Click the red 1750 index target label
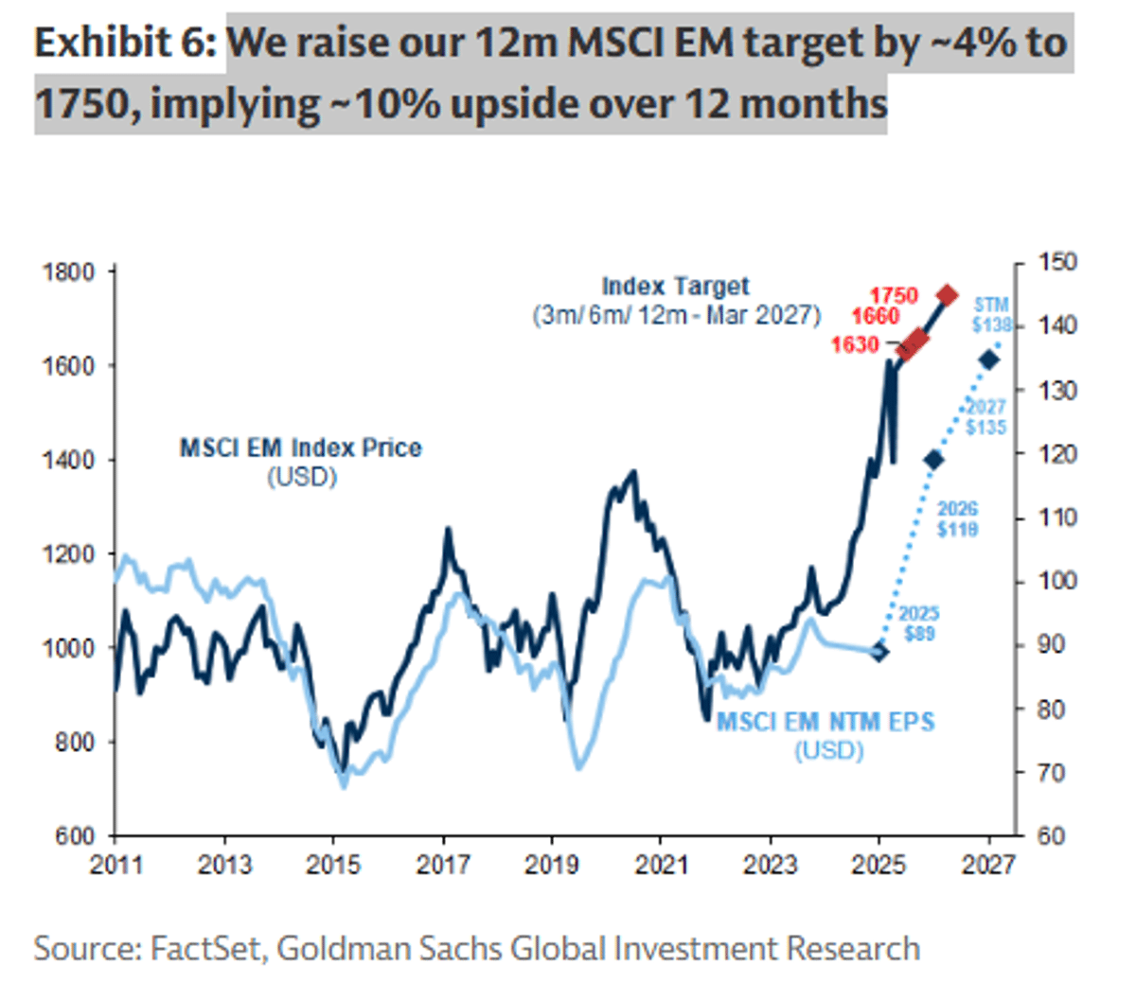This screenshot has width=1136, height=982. point(894,295)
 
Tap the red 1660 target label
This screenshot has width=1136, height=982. point(875,316)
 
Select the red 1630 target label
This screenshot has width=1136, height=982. point(855,344)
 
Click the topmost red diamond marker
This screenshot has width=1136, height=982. point(947,295)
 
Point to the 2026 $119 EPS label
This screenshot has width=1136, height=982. point(957,519)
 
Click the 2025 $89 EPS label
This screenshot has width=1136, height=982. point(918,623)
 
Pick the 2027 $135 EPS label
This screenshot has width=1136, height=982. point(985,417)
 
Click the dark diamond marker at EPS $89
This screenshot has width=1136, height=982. point(879,651)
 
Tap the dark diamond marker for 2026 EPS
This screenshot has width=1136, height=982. point(933,460)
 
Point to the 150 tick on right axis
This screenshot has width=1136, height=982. point(1058,262)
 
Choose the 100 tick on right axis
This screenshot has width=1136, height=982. point(1058,581)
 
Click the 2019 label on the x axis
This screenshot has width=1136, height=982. point(552,865)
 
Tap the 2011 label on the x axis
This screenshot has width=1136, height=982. point(115,865)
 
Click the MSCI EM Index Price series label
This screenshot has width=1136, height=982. point(301,447)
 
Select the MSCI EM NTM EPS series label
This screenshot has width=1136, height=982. point(825,723)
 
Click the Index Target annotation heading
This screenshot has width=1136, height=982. point(675,287)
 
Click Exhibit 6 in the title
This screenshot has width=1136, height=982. point(125,43)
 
